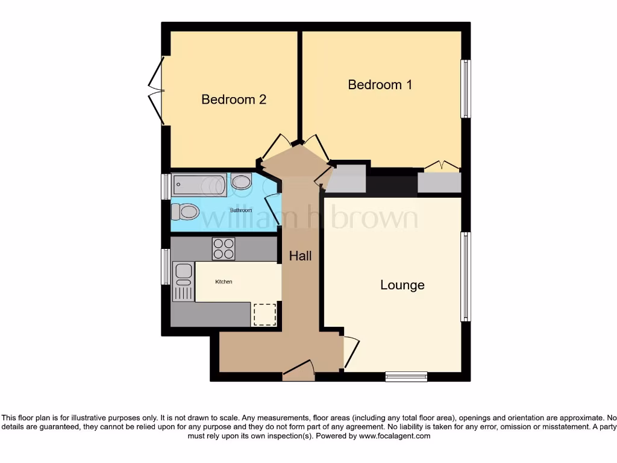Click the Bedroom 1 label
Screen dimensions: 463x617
click(380, 84)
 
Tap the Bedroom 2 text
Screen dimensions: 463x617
click(234, 99)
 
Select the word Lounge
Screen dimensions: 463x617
click(402, 285)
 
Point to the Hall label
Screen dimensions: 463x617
click(300, 256)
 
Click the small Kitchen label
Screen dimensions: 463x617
click(224, 282)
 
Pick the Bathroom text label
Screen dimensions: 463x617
click(241, 210)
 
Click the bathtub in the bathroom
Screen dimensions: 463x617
click(199, 185)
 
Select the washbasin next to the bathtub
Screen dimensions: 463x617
click(242, 182)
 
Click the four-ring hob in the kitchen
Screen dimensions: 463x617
click(224, 248)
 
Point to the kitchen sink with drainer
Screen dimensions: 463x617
click(183, 282)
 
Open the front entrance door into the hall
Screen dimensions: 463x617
click(299, 370)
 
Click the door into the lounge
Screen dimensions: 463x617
click(350, 351)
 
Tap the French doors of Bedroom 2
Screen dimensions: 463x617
click(157, 91)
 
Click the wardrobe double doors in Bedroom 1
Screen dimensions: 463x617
click(439, 166)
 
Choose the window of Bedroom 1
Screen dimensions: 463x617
click(466, 89)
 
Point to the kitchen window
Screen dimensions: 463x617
click(164, 266)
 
